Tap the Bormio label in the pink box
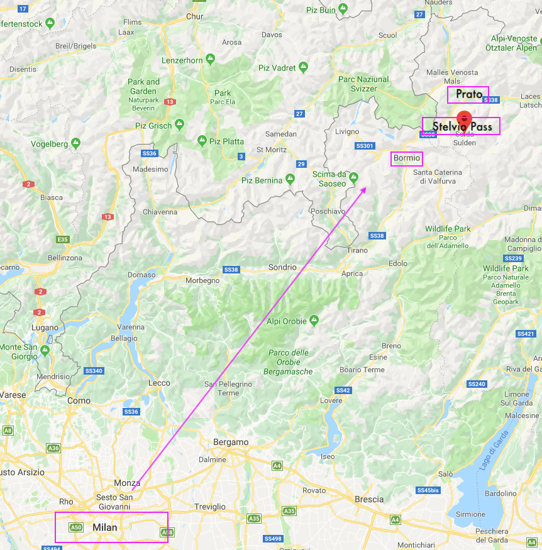click(407, 158)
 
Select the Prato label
click(469, 94)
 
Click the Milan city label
click(105, 527)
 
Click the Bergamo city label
click(231, 442)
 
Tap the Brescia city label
click(369, 499)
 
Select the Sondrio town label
click(282, 267)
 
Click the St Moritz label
click(272, 150)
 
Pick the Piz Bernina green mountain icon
click(290, 179)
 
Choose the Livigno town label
click(347, 131)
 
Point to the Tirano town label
click(357, 250)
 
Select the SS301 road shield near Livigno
click(365, 146)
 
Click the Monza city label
click(126, 483)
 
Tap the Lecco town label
click(159, 383)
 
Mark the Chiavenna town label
click(160, 212)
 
